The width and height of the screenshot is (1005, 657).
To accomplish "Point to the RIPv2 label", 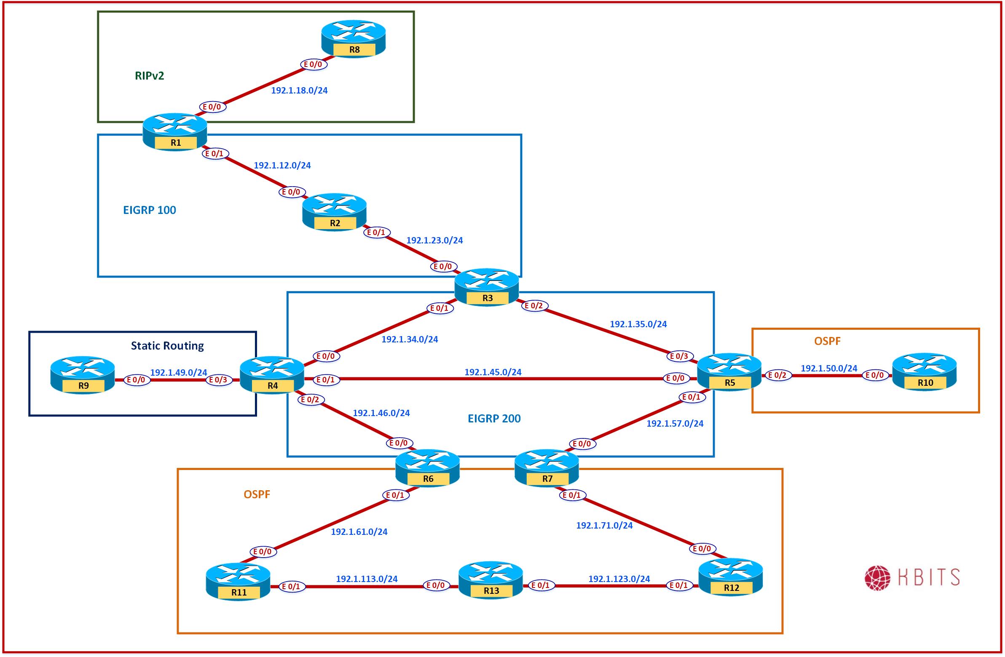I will click(x=150, y=76).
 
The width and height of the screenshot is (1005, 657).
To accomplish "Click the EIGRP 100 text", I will click(x=150, y=210).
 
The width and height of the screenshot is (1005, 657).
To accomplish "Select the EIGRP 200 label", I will click(x=494, y=419).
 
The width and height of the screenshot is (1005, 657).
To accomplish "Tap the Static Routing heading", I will click(x=167, y=346).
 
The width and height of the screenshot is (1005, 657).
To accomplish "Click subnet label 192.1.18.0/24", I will click(x=299, y=90).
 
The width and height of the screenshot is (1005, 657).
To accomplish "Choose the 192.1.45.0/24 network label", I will click(x=493, y=372).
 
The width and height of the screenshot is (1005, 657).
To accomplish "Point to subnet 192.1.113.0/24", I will click(x=367, y=579).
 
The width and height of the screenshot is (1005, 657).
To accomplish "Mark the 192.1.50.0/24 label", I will click(x=829, y=369).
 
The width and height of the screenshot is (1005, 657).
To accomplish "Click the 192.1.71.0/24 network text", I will click(x=604, y=525).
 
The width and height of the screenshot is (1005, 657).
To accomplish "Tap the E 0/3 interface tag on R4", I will click(x=219, y=380).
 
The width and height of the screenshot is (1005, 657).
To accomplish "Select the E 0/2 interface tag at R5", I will click(x=777, y=375).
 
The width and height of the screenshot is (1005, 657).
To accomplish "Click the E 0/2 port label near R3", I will click(x=534, y=306).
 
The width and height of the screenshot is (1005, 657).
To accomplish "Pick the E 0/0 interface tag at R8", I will click(x=314, y=64).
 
